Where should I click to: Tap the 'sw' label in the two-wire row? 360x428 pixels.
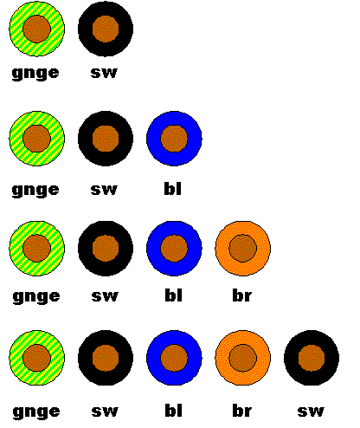(104, 73)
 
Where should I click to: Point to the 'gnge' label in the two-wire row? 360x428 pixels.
(35, 74)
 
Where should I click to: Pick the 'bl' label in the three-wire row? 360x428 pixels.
(173, 189)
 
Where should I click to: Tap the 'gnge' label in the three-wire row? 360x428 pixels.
(35, 191)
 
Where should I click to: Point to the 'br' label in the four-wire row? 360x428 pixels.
(242, 295)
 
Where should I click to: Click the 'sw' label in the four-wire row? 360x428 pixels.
(105, 296)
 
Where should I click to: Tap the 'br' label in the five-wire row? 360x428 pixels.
(242, 411)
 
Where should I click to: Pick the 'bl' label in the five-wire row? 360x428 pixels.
(174, 411)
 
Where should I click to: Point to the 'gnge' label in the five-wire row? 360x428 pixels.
(36, 412)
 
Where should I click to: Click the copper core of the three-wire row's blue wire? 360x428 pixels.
(174, 139)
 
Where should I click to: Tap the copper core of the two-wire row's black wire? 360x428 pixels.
(106, 29)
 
